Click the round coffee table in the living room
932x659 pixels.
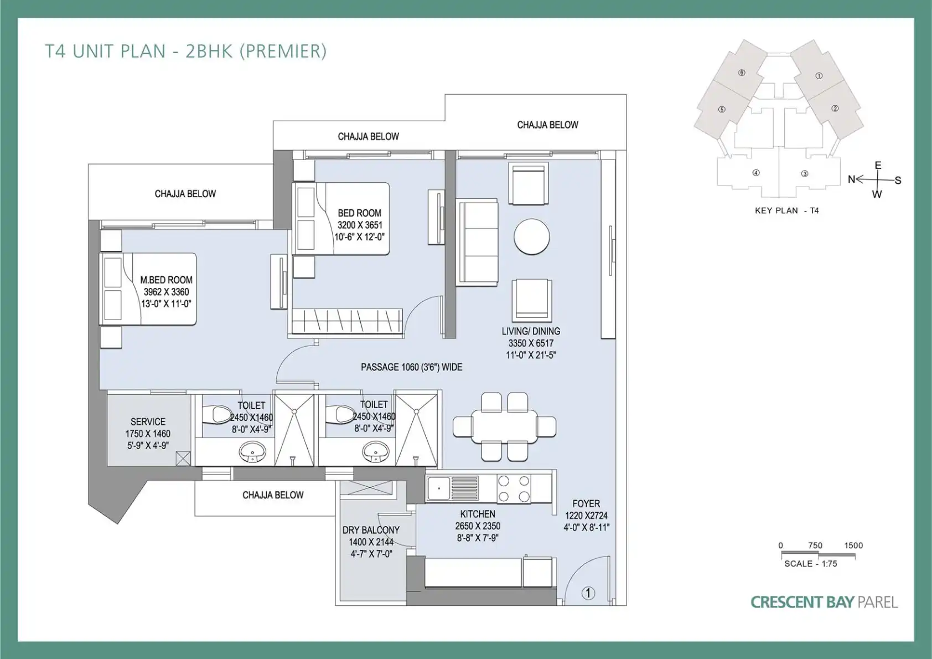(x=532, y=236)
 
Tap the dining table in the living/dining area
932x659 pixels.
(x=504, y=427)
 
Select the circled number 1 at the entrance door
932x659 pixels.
(x=588, y=593)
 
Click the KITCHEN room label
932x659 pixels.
(x=478, y=514)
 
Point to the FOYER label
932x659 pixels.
(x=586, y=503)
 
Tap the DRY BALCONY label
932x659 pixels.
(x=371, y=530)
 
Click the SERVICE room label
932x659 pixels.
(x=148, y=422)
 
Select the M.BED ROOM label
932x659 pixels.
(x=167, y=280)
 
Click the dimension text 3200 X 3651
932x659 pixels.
(x=360, y=225)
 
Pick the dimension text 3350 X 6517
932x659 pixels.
(x=531, y=343)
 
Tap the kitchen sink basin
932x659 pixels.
(x=438, y=487)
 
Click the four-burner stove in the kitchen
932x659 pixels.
(x=514, y=488)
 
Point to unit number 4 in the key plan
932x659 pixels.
(x=756, y=173)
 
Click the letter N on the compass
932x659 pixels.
(x=852, y=179)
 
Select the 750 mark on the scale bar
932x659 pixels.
(x=815, y=545)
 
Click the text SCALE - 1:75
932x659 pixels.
(x=810, y=564)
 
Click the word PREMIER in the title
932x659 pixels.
(x=285, y=51)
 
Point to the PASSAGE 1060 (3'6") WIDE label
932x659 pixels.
(x=412, y=367)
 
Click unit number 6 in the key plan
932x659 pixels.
(x=742, y=73)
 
